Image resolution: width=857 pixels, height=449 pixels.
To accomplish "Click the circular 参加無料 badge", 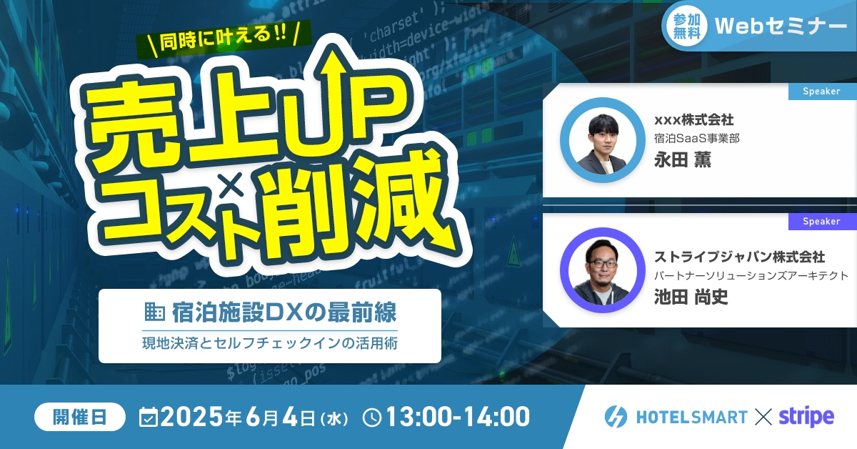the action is coord(687,26).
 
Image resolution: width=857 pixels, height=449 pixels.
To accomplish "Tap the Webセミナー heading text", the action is coord(781,26).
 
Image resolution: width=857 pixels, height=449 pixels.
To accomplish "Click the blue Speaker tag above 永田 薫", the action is coord(822,92).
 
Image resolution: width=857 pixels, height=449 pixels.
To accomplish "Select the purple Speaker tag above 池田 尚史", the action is coord(822,222).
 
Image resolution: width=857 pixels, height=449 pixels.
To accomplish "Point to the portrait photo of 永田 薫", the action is coord(602,140).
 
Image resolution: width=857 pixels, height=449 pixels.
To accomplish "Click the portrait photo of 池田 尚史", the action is coord(602,270).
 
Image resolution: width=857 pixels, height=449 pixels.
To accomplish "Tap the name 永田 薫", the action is coord(683,159).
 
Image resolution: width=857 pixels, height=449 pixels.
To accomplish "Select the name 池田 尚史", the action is coord(691,297).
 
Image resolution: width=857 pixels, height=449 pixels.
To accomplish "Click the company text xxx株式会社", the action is coord(693,120).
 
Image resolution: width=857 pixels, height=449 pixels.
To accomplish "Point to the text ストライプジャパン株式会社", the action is coord(740,257).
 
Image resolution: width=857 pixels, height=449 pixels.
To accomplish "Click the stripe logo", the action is coord(806,416).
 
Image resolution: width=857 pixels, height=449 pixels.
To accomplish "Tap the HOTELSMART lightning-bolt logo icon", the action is coord(616,416).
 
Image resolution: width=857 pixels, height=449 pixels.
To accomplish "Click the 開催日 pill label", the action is coord(80,417).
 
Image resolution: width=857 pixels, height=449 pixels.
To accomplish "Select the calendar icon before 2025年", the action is coord(149,417).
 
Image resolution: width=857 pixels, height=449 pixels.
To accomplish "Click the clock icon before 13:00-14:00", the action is coord(372,418).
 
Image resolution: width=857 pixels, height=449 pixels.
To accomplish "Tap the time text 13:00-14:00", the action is coord(458,417).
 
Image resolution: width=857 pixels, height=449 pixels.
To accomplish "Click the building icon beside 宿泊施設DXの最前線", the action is coord(154,312).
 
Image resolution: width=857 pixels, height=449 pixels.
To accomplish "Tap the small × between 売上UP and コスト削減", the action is coord(232,184).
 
